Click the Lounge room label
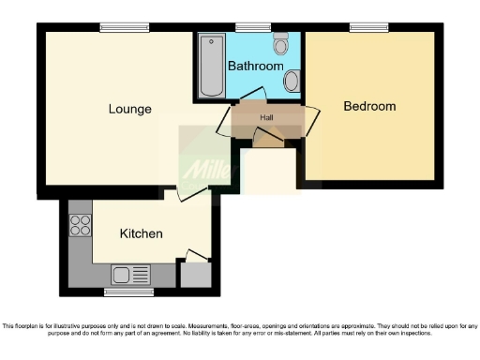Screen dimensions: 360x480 (129, 109)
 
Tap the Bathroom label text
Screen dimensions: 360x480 (256, 67)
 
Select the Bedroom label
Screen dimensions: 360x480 (369, 106)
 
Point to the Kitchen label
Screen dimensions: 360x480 (142, 233)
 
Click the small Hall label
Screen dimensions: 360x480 (266, 117)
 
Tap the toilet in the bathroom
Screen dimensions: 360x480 (280, 44)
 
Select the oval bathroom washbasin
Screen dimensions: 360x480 (292, 82)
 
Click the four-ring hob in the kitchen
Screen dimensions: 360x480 (80, 226)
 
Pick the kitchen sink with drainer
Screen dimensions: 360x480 (130, 275)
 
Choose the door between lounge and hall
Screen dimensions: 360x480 (224, 122)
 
